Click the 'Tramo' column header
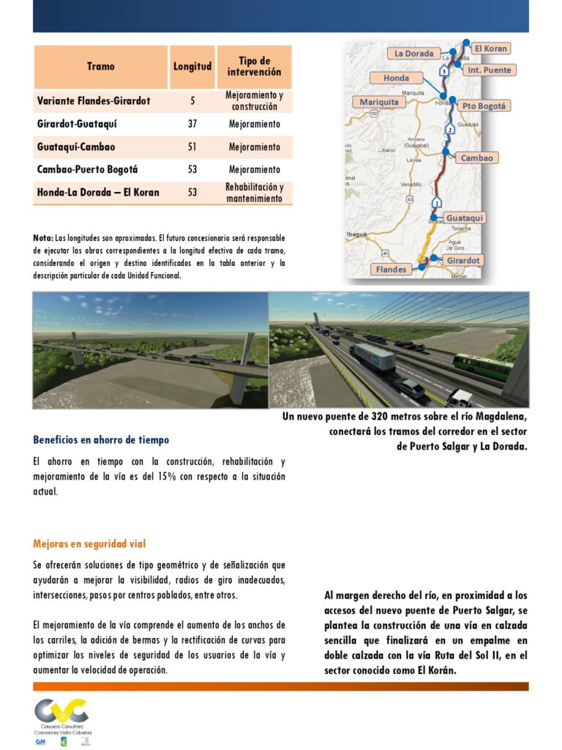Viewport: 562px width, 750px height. [x=100, y=67]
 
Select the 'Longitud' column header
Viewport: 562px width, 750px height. [x=192, y=67]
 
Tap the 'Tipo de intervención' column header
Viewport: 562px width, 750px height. [x=254, y=67]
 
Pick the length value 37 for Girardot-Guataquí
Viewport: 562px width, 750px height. [x=192, y=125]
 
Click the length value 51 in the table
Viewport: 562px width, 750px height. [x=192, y=147]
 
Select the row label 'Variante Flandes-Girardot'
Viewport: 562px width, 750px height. [x=94, y=101]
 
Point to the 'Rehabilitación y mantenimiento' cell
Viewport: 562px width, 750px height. [x=254, y=193]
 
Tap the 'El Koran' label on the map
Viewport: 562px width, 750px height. [x=490, y=49]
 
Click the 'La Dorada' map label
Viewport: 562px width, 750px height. [x=414, y=53]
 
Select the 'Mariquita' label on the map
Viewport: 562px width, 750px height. [x=379, y=103]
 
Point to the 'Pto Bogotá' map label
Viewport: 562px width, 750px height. [x=484, y=106]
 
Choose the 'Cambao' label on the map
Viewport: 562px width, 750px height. [x=477, y=158]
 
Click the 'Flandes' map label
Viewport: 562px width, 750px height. [x=391, y=270]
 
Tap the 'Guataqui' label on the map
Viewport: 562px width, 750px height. [x=465, y=218]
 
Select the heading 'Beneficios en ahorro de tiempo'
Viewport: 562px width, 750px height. [x=101, y=440]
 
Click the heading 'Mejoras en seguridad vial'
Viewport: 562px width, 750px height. [x=89, y=544]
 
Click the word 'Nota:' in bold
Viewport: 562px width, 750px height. [x=42, y=238]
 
